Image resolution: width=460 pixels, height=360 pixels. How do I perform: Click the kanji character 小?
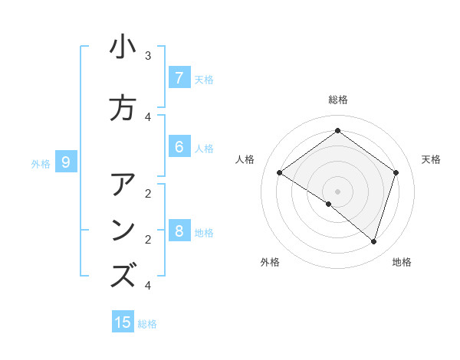(x=123, y=47)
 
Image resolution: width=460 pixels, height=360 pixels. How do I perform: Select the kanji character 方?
(x=123, y=108)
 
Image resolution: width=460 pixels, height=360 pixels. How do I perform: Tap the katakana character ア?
(x=123, y=185)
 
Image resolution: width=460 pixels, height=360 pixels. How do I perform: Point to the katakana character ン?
(x=123, y=231)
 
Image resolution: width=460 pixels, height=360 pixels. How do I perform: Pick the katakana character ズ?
(x=123, y=276)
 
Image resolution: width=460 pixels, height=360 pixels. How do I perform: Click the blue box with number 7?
(x=179, y=78)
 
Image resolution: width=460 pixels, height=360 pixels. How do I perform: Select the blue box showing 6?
(x=179, y=147)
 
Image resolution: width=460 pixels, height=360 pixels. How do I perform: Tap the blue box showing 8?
(x=179, y=231)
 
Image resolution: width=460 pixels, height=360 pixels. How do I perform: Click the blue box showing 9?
(x=67, y=162)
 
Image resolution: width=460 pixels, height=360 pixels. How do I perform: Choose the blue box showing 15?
(x=123, y=322)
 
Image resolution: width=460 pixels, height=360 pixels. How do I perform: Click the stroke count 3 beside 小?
(x=148, y=56)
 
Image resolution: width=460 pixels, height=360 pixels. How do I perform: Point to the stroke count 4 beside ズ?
(x=148, y=285)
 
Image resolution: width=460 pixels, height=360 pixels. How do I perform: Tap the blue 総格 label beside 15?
(x=147, y=324)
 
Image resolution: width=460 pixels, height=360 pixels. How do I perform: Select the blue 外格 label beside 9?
(x=41, y=163)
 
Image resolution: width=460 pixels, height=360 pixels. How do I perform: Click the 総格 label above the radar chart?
(x=337, y=100)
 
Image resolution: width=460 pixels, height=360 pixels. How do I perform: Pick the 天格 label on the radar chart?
(x=431, y=159)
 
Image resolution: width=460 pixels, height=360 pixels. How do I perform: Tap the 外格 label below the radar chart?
(x=270, y=262)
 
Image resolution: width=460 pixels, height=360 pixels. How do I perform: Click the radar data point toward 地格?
(x=373, y=241)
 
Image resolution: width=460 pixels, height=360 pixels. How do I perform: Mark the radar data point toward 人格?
(x=279, y=173)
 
